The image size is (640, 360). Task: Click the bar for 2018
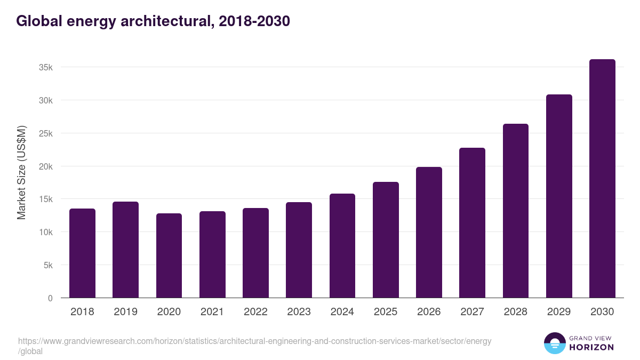(x=82, y=253)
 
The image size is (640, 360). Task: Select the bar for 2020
(x=169, y=255)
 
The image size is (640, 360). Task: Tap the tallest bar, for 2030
(x=602, y=179)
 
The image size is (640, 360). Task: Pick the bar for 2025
(x=386, y=240)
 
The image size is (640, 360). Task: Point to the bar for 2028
(x=515, y=211)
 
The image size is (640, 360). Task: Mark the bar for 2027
(x=472, y=223)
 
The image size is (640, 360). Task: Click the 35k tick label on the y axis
(x=45, y=68)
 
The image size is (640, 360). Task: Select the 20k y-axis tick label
(x=45, y=166)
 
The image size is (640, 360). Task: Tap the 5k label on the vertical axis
(x=47, y=265)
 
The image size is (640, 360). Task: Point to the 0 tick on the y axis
(x=50, y=298)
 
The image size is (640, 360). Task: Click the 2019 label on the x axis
(x=125, y=312)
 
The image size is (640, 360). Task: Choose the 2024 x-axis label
(x=342, y=312)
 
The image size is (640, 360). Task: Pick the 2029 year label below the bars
(x=559, y=312)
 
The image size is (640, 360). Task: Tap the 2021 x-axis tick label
(x=212, y=312)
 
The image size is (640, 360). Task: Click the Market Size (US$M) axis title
(x=21, y=173)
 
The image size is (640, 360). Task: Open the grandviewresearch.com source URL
(x=254, y=341)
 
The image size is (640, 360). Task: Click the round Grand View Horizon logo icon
(x=554, y=343)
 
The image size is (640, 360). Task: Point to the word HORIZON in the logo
(x=591, y=347)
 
